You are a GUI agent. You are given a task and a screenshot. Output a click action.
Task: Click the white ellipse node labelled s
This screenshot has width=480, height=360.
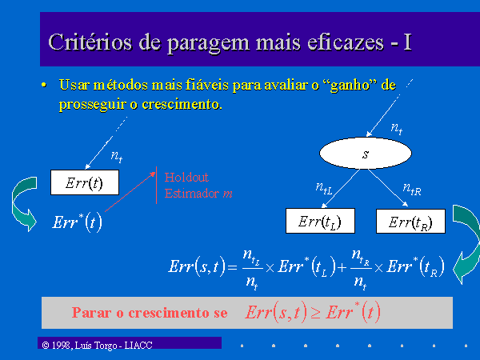[x=366, y=153]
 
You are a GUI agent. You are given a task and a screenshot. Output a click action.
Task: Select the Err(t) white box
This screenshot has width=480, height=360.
[x=85, y=182]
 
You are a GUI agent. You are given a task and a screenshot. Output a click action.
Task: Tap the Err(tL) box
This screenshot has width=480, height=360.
[x=320, y=221]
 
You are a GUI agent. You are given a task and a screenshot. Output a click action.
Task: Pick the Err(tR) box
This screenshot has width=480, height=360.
[x=410, y=221]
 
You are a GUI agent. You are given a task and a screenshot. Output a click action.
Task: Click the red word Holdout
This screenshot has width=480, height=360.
[x=186, y=178]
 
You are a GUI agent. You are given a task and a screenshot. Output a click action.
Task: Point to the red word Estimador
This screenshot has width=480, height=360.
[x=192, y=193]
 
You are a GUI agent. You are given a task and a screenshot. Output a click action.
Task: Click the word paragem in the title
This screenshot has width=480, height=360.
[x=208, y=43]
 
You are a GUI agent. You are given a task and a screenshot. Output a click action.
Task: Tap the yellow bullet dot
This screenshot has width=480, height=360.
[x=44, y=85]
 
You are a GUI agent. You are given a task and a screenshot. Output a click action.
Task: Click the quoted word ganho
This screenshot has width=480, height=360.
[x=348, y=85]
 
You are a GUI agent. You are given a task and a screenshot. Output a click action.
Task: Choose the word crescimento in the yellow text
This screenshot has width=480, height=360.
[x=182, y=104]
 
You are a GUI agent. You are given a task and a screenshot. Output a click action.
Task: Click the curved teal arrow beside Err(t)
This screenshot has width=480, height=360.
[x=24, y=204]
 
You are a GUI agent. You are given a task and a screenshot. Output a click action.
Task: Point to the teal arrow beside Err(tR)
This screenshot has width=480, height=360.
[x=466, y=244]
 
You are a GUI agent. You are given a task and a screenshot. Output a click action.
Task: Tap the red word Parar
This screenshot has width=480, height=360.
[x=91, y=313]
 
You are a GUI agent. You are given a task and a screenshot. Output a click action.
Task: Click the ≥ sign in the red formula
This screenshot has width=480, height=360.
[x=316, y=313]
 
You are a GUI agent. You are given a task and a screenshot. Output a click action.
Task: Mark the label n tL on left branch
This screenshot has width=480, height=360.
[x=324, y=188]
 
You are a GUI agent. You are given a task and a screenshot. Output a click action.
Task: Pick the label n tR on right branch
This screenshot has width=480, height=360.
[x=412, y=188]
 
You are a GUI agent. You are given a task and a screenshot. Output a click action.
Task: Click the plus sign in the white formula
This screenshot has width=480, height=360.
[x=342, y=268]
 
